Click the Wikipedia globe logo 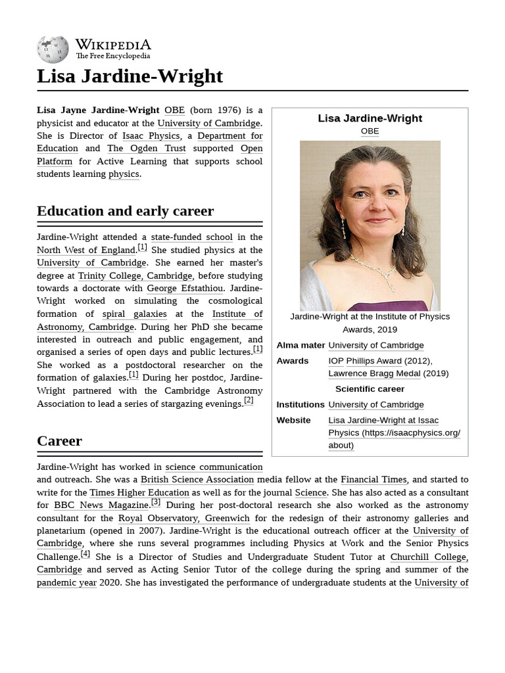[x=53, y=49]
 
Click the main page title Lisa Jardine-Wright [x=130, y=76]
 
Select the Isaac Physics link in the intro [x=151, y=135]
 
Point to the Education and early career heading [x=125, y=211]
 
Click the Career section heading [x=59, y=441]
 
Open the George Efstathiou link [x=185, y=289]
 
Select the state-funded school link [x=191, y=237]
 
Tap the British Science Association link [x=197, y=480]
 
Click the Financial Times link [x=373, y=480]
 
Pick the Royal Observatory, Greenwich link [x=183, y=518]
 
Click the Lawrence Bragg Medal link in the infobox [x=373, y=373]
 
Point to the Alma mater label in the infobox [x=301, y=345]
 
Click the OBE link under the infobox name [x=370, y=131]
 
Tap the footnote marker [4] [x=85, y=554]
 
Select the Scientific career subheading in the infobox [x=370, y=388]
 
